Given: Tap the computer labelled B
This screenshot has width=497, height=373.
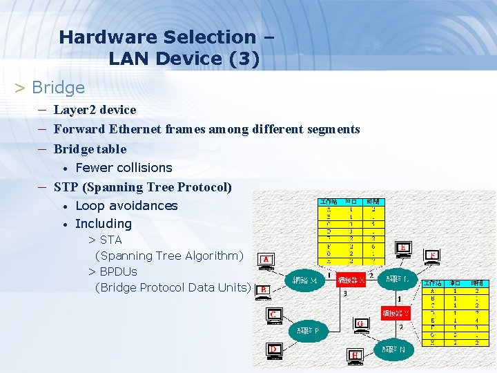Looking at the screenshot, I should pos(262,290).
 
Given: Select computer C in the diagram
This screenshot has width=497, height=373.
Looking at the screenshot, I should pos(274,316).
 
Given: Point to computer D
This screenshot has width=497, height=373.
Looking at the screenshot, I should pos(274,350).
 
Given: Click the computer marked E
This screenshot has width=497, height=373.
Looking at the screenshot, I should pos(402,249).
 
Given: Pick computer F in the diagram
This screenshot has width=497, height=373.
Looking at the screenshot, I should pos(432,256).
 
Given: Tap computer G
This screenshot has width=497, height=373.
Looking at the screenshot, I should pos(359,323).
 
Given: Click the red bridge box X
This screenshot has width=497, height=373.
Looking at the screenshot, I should pos(351,280).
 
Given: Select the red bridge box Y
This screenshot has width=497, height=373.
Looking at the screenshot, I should pos(396,313).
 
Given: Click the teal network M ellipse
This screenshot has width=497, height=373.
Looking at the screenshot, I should pos(305,280).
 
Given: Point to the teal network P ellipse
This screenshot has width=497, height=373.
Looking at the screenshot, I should pos(308,331).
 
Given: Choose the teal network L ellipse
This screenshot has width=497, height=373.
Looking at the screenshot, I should pos(397,279).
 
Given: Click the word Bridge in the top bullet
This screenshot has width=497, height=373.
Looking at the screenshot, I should pos(59,88).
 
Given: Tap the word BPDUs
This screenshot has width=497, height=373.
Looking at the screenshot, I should pos(118,271).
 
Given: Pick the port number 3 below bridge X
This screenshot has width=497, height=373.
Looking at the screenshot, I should pos(345,294).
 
